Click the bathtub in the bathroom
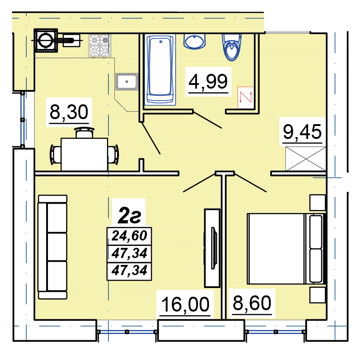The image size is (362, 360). [160, 70]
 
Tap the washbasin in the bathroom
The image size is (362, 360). [195, 42]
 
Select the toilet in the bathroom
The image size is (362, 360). [231, 47]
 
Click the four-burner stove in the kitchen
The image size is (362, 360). [100, 46]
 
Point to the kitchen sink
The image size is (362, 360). [127, 82]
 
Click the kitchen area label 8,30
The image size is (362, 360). [69, 112]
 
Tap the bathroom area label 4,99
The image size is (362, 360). [208, 82]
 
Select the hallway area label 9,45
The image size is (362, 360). [302, 132]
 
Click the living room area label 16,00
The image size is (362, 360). [185, 304]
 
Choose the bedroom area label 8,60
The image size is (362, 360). [252, 303]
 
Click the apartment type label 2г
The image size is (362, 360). [129, 216]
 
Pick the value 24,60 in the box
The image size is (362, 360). [129, 236]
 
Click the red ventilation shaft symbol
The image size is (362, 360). [246, 97]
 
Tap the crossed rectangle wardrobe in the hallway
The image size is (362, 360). [305, 159]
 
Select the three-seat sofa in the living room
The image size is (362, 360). [53, 247]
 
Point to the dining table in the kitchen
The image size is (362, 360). [84, 154]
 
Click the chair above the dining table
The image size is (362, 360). [84, 132]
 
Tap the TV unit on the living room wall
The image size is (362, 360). [212, 248]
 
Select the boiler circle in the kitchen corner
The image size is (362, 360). [46, 40]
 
